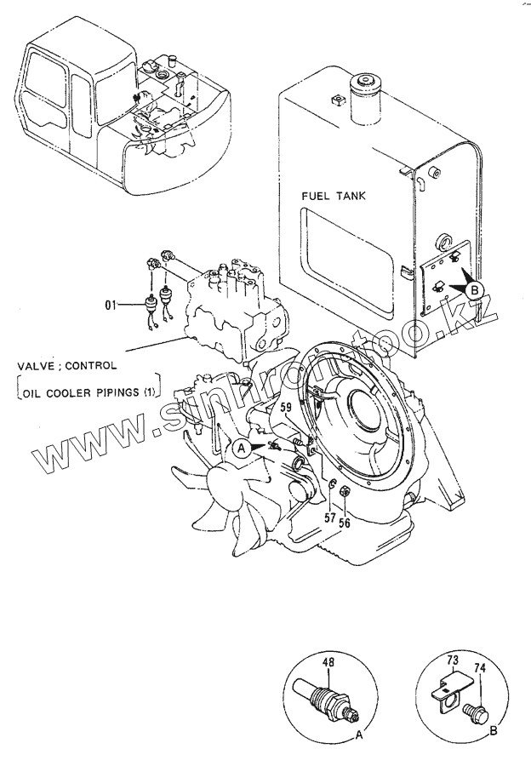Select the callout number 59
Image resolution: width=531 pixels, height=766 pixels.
coord(286,418)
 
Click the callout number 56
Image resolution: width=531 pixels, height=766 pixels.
coord(345,523)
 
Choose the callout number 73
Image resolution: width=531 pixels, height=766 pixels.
coord(453,659)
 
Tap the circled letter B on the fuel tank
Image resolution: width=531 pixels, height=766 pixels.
coord(477,290)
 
